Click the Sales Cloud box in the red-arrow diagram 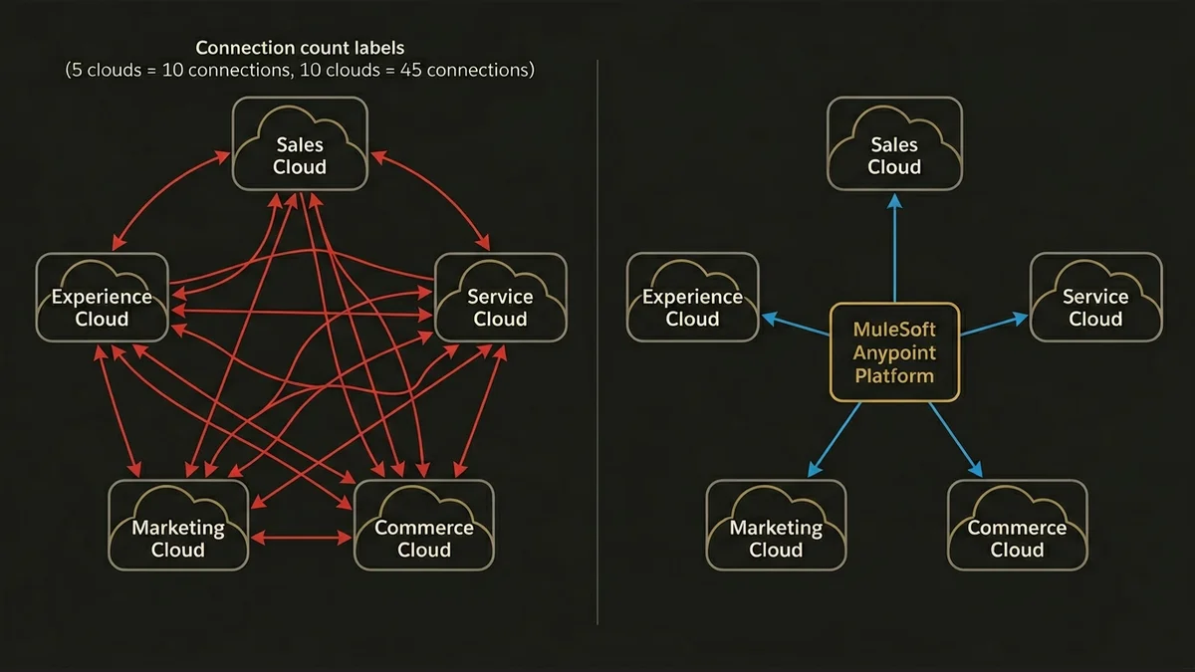click(300, 142)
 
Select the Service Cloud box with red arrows click(500, 296)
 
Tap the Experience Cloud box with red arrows click(102, 296)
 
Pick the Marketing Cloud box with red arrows click(177, 526)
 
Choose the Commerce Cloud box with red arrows click(424, 526)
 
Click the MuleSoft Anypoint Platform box click(894, 352)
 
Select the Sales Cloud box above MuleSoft click(894, 142)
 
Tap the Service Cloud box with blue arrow click(1095, 296)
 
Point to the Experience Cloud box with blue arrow click(692, 296)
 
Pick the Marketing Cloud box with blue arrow click(776, 526)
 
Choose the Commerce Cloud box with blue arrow click(1017, 526)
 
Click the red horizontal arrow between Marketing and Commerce click(302, 538)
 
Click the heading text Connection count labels click(300, 48)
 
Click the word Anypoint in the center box click(894, 352)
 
